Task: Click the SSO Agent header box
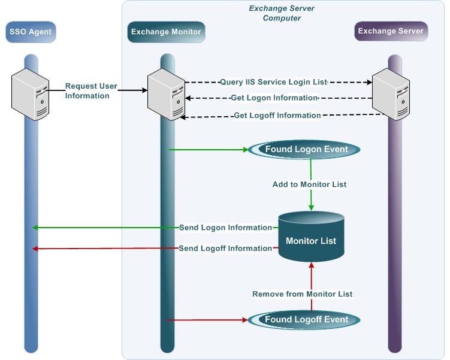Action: [31, 32]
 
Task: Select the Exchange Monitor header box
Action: [166, 32]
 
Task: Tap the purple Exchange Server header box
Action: [391, 31]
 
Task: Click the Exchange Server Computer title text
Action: [282, 13]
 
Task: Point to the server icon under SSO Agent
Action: [31, 93]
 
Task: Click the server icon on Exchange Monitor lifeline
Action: [166, 93]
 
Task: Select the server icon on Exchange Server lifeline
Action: [391, 93]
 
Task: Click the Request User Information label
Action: [91, 90]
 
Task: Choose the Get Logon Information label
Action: [273, 98]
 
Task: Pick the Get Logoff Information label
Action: [277, 115]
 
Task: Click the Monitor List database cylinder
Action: [310, 240]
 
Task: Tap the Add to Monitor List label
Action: [310, 184]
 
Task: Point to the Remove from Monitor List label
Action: [303, 294]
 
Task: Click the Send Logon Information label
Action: [226, 228]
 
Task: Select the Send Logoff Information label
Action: [225, 248]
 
